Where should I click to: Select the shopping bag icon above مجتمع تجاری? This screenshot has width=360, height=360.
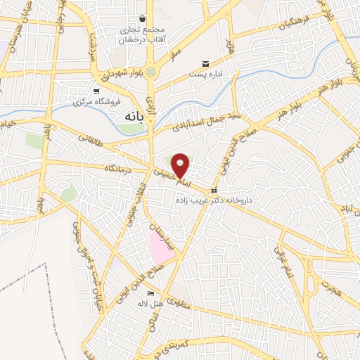click(143, 18)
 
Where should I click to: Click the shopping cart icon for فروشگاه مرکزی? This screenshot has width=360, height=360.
click(96, 91)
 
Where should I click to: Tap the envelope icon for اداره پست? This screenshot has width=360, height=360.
click(205, 63)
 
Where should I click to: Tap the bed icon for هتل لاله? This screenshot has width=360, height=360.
click(150, 293)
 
